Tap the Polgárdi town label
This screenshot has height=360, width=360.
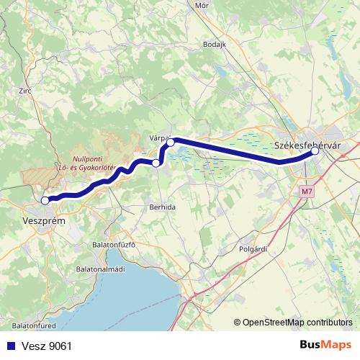[253, 248]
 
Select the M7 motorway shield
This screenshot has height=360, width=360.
[307, 192]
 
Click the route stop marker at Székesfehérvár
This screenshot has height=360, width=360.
[315, 151]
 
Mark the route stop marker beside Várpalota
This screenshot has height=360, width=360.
[171, 143]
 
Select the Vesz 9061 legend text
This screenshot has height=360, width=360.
[46, 346]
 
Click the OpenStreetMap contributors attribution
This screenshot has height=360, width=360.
[297, 322]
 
